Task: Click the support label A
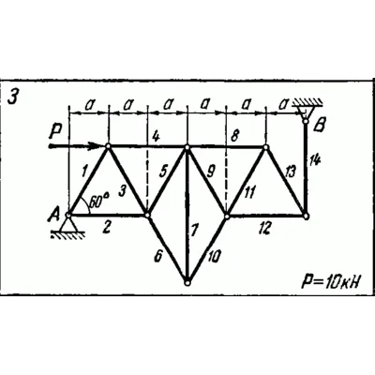[54, 216]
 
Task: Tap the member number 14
[315, 162]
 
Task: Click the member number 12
[264, 229]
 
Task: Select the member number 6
[158, 256]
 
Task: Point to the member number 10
[214, 256]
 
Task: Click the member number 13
[290, 172]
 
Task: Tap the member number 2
[106, 227]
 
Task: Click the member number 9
[210, 172]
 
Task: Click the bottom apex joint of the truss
[187, 282]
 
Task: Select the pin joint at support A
[68, 215]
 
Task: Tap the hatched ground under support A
[68, 235]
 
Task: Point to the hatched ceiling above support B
[307, 102]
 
